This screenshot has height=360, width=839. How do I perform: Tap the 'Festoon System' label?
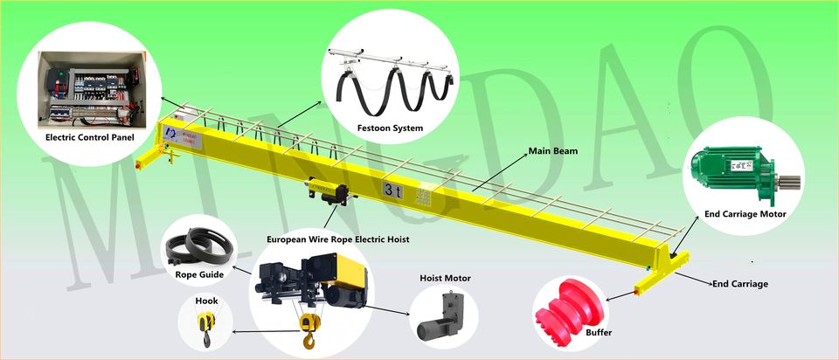(391, 128)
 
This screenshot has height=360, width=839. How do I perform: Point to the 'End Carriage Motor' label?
(745, 214)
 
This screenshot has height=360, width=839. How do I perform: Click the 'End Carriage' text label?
(740, 284)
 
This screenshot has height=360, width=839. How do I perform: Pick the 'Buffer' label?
(599, 333)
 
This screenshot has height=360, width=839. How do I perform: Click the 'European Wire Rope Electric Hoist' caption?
(337, 239)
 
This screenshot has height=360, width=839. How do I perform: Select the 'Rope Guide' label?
(199, 274)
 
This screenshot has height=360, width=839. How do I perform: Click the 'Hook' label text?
(207, 301)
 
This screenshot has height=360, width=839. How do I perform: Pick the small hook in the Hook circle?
(207, 328)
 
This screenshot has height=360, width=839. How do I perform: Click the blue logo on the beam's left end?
(169, 131)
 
